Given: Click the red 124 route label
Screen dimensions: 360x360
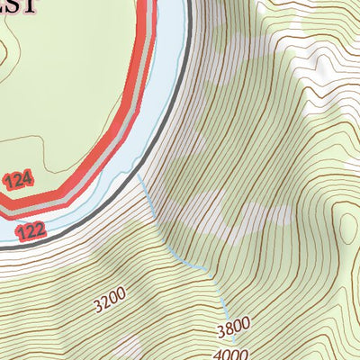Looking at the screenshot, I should [18, 181].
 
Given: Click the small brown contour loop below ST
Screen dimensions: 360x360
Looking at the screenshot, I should [5, 58].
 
